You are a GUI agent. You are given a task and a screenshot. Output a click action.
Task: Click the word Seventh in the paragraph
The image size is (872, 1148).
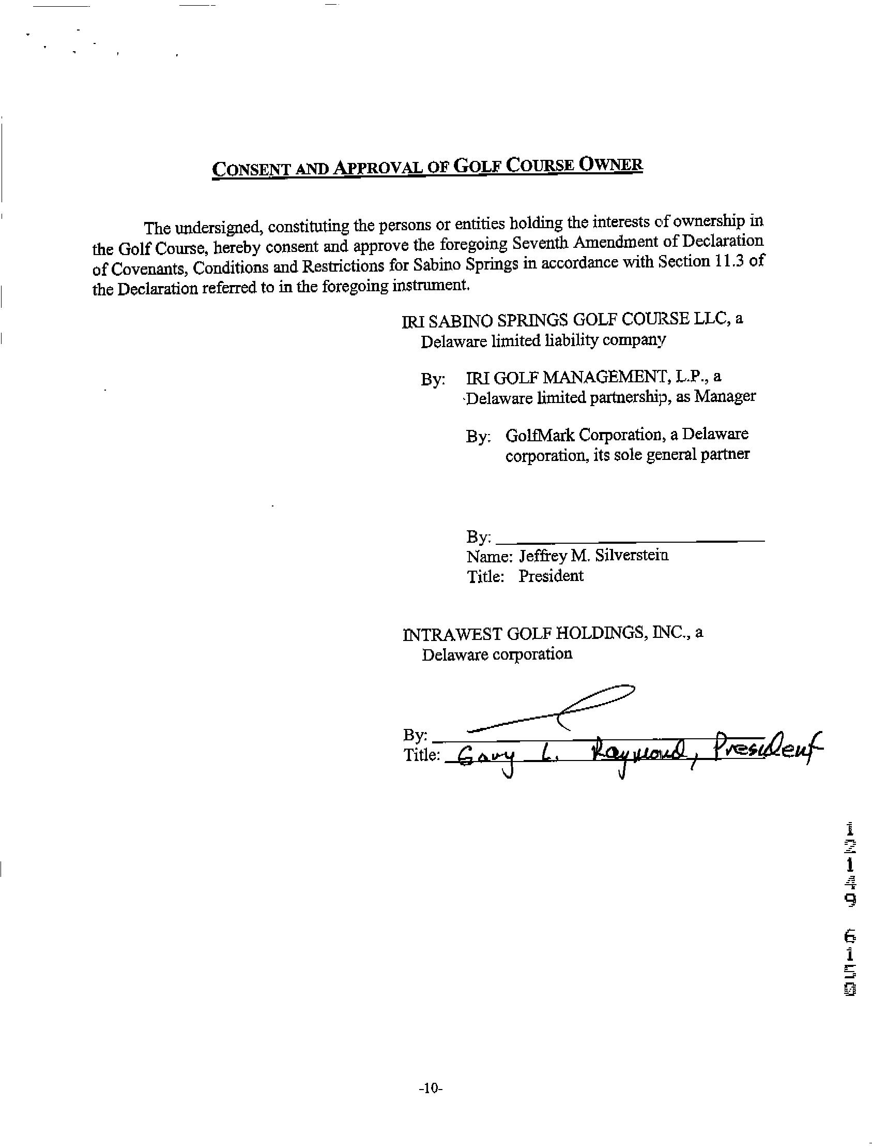pos(554,243)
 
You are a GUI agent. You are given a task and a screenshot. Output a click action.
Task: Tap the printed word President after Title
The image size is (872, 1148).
pos(550,576)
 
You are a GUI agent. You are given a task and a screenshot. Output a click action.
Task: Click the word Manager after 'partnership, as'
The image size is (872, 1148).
pos(725,396)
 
